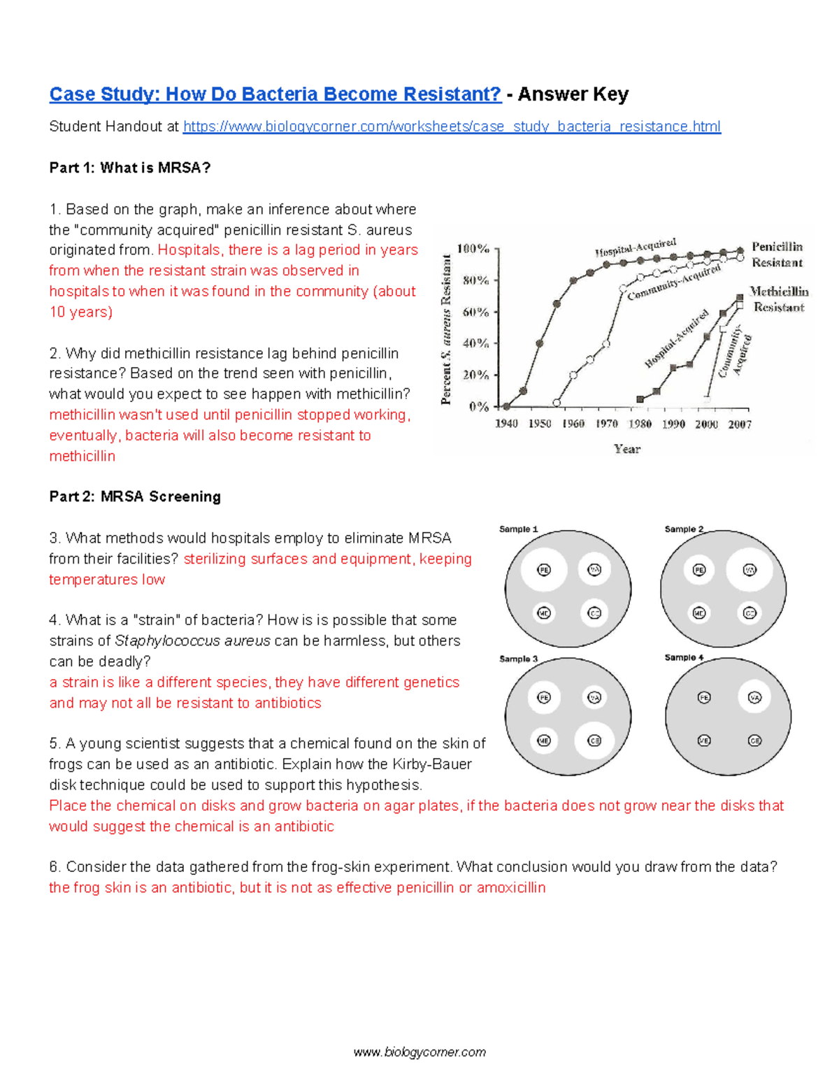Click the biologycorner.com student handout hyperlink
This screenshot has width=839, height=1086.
[x=452, y=127]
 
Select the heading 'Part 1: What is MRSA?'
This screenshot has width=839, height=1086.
[x=129, y=168]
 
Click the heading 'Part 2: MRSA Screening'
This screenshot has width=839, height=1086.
[x=135, y=496]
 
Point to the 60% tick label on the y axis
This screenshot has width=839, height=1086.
[x=475, y=312]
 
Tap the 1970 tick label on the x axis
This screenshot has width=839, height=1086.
[x=606, y=424]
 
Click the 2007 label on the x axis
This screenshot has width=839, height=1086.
[x=740, y=424]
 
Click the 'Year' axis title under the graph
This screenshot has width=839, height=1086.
[x=627, y=449]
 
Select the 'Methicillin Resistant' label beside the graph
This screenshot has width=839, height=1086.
[x=778, y=299]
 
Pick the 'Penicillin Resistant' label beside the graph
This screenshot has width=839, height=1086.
[x=777, y=255]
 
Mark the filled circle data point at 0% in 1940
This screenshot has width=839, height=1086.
[x=507, y=406]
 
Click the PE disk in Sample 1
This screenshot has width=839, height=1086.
[x=544, y=570]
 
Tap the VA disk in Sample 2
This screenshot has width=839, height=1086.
[x=750, y=570]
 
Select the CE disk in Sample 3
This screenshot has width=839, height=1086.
[x=594, y=741]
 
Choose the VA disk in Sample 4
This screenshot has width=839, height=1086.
[x=754, y=697]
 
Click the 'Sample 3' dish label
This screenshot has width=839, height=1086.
[x=518, y=659]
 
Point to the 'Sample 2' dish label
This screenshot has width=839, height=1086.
[x=684, y=529]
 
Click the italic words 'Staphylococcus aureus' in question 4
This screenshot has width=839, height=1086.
[x=192, y=641]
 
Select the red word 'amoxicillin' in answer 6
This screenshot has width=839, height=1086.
[x=511, y=888]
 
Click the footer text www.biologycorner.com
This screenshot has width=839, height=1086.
[x=419, y=1052]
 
